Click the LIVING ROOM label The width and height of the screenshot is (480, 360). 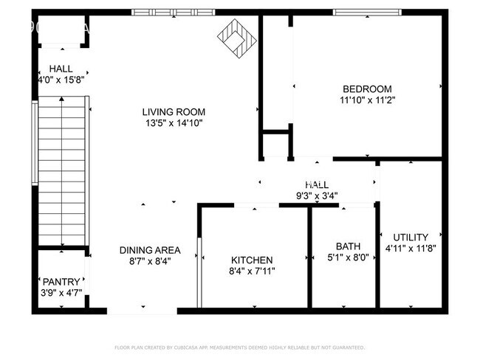click(172, 111)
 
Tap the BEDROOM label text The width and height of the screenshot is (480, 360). click(367, 89)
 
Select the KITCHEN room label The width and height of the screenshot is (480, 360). click(253, 260)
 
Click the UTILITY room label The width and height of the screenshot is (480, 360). click(411, 237)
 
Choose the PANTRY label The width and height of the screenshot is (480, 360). click(61, 281)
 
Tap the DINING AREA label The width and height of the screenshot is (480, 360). click(150, 249)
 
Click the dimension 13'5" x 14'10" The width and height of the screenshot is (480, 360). click(172, 123)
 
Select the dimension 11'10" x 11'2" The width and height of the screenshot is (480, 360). click(367, 100)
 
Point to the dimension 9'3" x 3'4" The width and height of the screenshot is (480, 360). click(317, 195)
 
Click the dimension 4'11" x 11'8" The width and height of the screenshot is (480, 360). click(411, 249)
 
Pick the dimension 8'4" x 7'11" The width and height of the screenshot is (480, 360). click(253, 272)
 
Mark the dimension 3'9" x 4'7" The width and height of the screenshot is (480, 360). click(61, 293)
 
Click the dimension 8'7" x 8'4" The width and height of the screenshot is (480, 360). click(150, 261)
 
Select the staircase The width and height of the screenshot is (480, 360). click(62, 173)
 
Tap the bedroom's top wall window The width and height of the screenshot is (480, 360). click(367, 12)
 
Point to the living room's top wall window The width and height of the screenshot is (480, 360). click(174, 12)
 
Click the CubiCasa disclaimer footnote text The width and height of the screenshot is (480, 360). click(239, 347)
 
